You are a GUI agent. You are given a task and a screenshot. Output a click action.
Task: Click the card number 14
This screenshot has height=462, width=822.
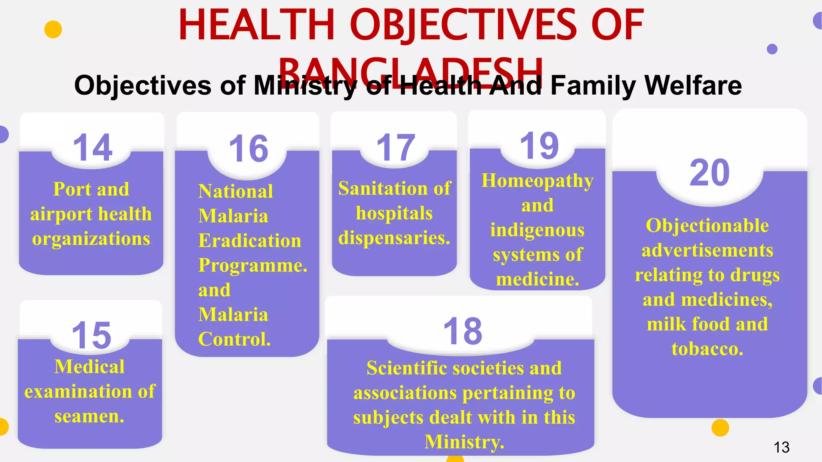pos(93,148)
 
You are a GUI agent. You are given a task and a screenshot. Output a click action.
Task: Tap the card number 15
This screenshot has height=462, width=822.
pos(92,335)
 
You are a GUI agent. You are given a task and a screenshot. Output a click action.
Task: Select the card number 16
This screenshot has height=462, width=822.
pos(248,149)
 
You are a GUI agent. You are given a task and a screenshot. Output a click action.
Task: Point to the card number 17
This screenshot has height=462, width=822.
pos(396,148)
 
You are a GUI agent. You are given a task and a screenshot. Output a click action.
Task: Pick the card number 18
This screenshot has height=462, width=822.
pos(463,331)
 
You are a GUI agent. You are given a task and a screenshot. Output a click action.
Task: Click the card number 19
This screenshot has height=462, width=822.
pos(539,146)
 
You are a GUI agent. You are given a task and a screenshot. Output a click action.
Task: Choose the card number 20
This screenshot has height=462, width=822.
pos(709,172)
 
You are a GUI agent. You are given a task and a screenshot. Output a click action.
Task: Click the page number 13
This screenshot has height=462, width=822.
pos(781,447)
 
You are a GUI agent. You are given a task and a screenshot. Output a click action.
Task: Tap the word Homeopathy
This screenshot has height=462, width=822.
pos(537,181)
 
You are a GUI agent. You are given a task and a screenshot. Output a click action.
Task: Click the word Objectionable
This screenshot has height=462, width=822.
pos(707,225)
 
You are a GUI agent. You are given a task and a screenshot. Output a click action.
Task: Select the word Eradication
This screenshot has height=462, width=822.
pos(250,241)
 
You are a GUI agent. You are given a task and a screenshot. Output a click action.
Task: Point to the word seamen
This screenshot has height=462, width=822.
pos(89,416)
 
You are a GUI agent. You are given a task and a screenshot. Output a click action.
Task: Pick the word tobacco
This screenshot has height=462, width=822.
pos(707,349)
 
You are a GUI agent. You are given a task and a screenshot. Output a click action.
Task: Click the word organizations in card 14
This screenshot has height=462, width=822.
pos(91,239)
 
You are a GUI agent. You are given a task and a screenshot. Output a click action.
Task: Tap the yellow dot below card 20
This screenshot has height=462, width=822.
pos(720,428)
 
